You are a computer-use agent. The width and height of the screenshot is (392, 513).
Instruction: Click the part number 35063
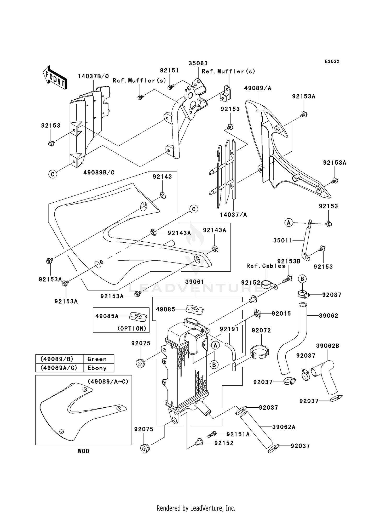(x=198, y=63)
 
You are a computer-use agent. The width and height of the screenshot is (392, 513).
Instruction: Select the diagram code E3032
(x=332, y=61)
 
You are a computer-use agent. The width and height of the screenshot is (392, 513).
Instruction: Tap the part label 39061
(x=195, y=282)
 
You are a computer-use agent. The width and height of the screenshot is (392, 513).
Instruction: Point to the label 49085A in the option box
(x=107, y=316)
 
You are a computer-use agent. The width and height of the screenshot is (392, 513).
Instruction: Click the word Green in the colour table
(x=97, y=359)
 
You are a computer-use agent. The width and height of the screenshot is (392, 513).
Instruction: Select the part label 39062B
(x=328, y=346)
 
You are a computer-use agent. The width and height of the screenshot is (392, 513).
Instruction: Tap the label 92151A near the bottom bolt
(x=238, y=434)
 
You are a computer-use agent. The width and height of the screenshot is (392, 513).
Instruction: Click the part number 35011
(x=283, y=240)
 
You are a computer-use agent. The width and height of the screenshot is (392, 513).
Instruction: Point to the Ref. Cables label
(x=266, y=266)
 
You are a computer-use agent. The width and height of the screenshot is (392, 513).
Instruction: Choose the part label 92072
(x=261, y=330)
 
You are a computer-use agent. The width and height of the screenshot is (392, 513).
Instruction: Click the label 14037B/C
(x=93, y=76)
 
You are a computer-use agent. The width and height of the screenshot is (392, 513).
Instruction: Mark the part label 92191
(x=229, y=329)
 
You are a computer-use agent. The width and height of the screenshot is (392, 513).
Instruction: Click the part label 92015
(x=281, y=313)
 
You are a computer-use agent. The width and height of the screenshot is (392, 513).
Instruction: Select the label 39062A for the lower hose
(x=284, y=427)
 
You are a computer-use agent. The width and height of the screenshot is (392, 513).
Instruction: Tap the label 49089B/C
(x=99, y=173)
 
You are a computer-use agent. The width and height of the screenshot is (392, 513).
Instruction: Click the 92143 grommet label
(x=162, y=177)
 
